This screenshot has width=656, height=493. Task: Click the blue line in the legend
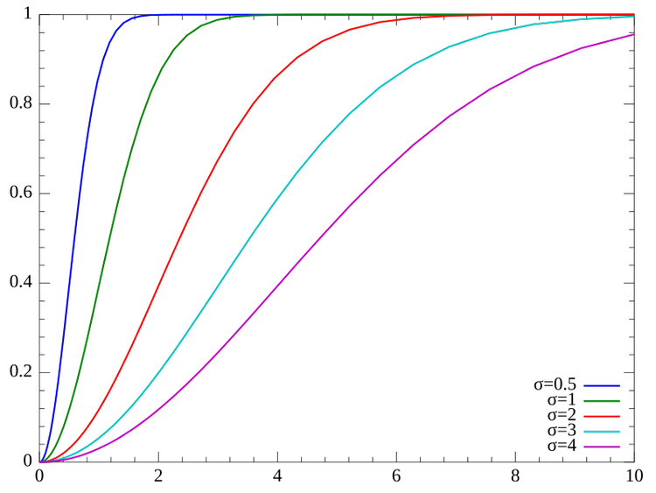pyautogui.click(x=602, y=385)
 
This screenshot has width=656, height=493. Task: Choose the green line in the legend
pyautogui.click(x=602, y=401)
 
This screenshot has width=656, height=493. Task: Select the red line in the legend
pyautogui.click(x=602, y=416)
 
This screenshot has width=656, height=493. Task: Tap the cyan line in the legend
pyautogui.click(x=602, y=432)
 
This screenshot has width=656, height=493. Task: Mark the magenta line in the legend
pyautogui.click(x=602, y=447)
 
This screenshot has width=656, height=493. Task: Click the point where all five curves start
pyautogui.click(x=40, y=461)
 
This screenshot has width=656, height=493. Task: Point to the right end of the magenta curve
pyautogui.click(x=634, y=35)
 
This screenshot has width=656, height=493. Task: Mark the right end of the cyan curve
pyautogui.click(x=634, y=17)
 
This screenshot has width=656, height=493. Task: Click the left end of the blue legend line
pyautogui.click(x=584, y=385)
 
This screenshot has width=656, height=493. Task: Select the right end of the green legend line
pyautogui.click(x=619, y=401)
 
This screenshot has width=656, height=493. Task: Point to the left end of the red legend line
pyautogui.click(x=584, y=416)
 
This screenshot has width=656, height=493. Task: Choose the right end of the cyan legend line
pyautogui.click(x=619, y=432)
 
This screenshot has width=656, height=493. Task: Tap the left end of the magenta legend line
pyautogui.click(x=584, y=447)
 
